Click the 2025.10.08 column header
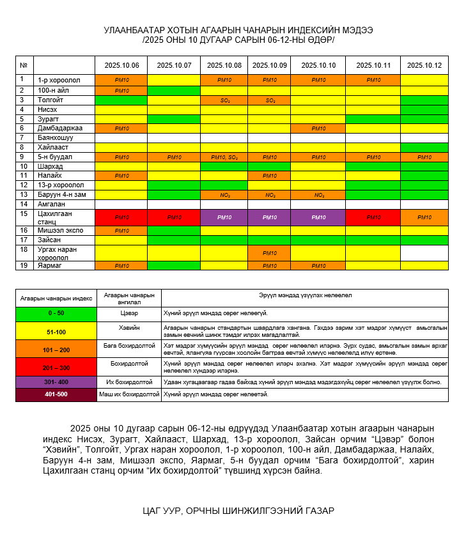click(225, 65)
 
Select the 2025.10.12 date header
click(424, 65)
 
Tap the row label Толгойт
click(50, 100)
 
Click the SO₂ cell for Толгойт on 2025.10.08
click(225, 100)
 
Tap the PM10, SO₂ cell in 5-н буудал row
click(225, 157)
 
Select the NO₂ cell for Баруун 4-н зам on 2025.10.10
click(318, 194)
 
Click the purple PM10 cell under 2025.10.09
click(270, 217)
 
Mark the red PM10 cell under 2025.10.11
click(373, 217)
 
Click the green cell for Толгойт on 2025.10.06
click(121, 100)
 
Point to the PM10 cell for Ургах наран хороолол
click(270, 252)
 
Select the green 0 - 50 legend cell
click(56, 313)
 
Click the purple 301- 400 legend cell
click(56, 382)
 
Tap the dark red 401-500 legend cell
click(56, 395)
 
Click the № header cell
click(24, 65)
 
